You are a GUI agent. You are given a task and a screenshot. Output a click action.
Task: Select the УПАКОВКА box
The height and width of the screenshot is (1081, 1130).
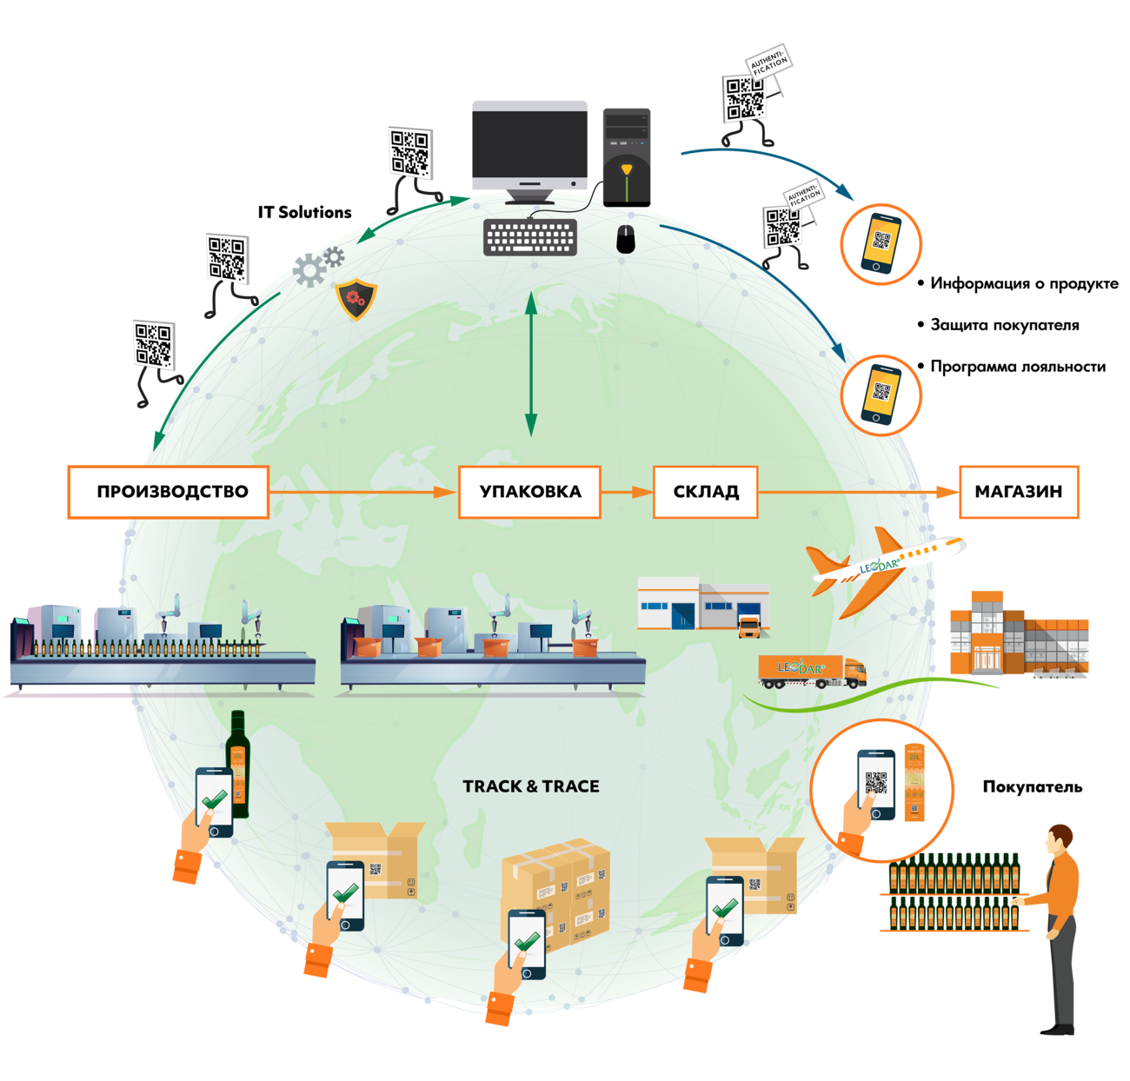529,492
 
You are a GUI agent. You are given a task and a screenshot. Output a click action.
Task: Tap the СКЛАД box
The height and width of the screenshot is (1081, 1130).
705,492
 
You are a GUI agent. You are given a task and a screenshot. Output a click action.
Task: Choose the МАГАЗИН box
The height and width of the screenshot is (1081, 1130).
1018,492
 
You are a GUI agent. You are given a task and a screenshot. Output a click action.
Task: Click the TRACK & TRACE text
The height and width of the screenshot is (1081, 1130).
531,786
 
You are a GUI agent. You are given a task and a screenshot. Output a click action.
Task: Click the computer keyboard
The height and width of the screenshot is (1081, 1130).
529,236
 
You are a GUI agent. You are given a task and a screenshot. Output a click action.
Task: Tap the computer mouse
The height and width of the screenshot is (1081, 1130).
626,238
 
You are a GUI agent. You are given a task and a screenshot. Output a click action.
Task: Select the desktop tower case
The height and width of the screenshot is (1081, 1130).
626,155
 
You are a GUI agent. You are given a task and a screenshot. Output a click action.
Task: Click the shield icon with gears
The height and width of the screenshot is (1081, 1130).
356,299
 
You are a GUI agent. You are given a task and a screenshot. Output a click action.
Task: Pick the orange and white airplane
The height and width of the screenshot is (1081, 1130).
882,565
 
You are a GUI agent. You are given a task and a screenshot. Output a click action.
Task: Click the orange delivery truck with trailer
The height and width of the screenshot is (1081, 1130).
812,670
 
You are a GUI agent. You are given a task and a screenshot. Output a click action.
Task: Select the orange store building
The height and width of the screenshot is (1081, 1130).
1017,634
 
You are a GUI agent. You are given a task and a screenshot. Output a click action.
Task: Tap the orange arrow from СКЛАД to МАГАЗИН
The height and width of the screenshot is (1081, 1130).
856,492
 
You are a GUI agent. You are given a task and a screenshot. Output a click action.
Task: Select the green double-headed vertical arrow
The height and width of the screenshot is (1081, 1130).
530,365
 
